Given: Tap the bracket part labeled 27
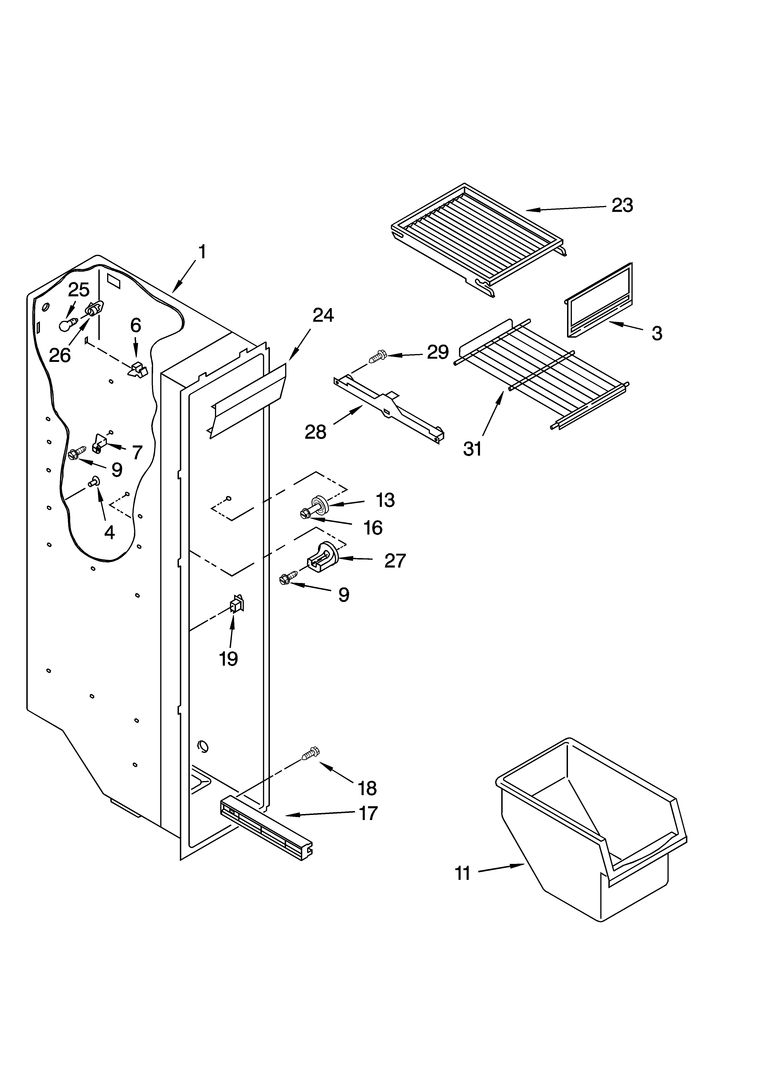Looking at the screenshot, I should [323, 558].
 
